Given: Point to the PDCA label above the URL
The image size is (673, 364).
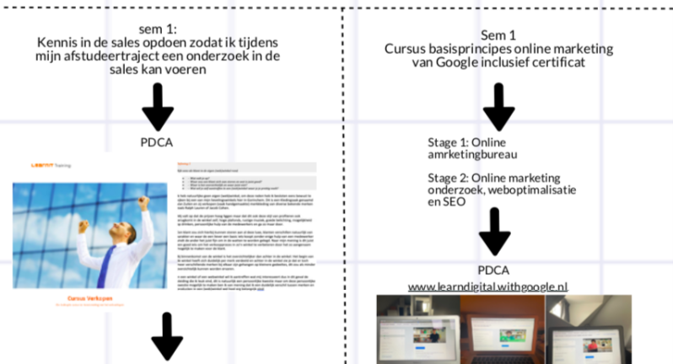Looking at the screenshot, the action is click(493, 270).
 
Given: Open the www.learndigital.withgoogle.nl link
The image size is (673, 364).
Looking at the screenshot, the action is click(488, 286).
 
